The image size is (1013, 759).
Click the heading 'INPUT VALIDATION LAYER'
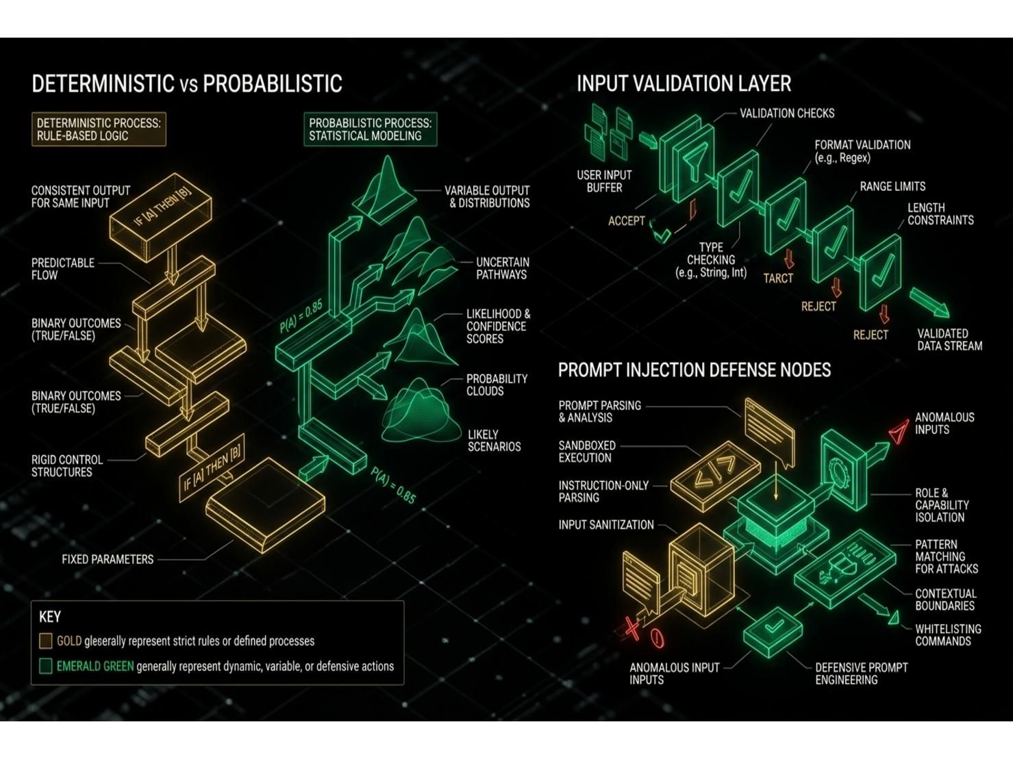click(x=684, y=84)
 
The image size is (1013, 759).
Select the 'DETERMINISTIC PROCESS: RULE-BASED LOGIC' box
click(x=99, y=129)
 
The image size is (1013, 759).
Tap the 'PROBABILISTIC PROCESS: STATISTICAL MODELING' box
click(x=370, y=129)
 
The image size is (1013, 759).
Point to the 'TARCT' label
click(x=778, y=278)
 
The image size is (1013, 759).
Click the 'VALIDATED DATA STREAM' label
click(x=949, y=340)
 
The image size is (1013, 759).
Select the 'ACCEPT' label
click(x=626, y=221)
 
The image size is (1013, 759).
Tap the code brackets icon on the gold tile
click(x=715, y=475)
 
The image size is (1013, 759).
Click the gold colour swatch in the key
click(x=45, y=641)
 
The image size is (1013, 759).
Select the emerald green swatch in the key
click(x=45, y=667)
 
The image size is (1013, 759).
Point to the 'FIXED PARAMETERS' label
click(x=108, y=559)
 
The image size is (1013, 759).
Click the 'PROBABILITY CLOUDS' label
click(x=497, y=385)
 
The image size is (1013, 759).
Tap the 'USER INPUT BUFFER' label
click(x=604, y=181)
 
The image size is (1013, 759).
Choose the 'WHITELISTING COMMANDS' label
click(x=948, y=635)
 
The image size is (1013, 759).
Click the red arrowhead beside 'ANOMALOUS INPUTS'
click(x=899, y=432)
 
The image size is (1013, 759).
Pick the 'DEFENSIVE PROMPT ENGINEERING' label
click(x=861, y=673)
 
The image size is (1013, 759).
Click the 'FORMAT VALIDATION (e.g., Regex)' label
click(x=862, y=151)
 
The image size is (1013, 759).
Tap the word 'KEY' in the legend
click(x=50, y=617)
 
